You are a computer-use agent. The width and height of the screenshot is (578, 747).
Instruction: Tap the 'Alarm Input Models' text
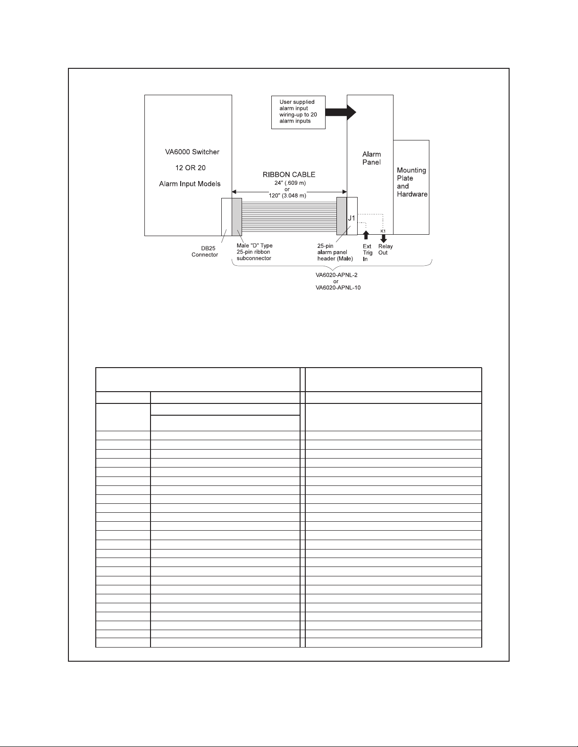point(190,184)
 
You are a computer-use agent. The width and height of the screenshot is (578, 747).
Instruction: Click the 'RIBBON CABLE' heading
point(289,175)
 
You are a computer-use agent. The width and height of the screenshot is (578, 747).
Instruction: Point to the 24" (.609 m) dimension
point(287,183)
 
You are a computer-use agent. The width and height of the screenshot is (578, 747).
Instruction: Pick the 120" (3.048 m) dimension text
point(287,196)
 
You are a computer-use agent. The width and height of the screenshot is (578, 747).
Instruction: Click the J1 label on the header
point(352,218)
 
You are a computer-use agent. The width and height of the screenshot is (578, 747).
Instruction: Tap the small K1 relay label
point(383,231)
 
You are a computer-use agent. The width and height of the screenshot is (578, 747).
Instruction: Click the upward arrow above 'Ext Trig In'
point(366,235)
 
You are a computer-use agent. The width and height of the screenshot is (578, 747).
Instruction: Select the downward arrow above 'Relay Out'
point(383,238)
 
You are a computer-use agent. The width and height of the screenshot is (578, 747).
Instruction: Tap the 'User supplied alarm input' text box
point(298,112)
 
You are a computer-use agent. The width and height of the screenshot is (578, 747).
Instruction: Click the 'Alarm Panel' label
point(371,158)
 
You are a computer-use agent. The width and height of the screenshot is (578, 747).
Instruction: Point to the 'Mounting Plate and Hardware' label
point(411,182)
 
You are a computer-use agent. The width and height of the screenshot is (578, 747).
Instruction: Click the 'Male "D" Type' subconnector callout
point(254,252)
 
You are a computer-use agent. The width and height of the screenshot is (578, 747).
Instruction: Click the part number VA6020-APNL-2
point(335,275)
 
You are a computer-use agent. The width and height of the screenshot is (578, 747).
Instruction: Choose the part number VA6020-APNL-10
point(338,287)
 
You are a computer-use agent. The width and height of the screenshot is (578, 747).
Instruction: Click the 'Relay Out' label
point(385,249)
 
